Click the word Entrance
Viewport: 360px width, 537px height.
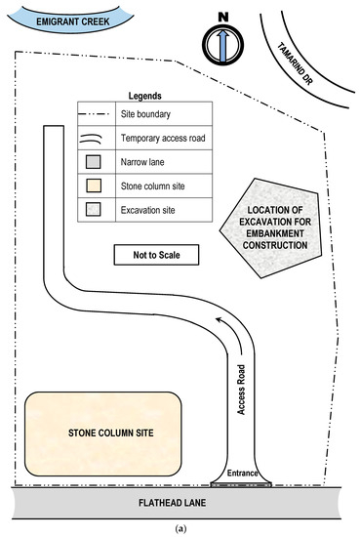point(243,474)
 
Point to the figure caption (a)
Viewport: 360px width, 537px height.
point(180,529)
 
